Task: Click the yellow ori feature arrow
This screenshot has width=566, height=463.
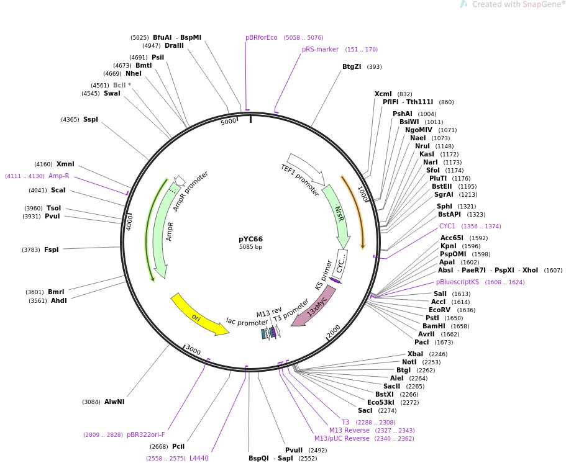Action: (x=198, y=316)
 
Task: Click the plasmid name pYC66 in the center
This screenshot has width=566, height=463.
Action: (x=250, y=239)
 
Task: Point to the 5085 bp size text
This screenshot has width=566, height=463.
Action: (x=250, y=247)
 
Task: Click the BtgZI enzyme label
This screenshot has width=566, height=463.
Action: (x=352, y=67)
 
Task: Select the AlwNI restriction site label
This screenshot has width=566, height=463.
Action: (x=114, y=402)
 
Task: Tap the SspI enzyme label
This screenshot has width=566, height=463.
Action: (x=91, y=120)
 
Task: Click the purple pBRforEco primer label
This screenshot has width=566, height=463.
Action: (x=261, y=38)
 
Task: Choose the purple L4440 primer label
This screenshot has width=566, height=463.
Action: (x=199, y=458)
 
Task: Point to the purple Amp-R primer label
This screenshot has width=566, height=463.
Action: (x=59, y=176)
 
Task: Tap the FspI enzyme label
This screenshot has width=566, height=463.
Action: (x=51, y=250)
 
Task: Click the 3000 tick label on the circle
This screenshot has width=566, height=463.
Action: (x=194, y=351)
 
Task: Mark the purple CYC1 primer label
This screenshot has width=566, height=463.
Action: (x=447, y=227)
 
